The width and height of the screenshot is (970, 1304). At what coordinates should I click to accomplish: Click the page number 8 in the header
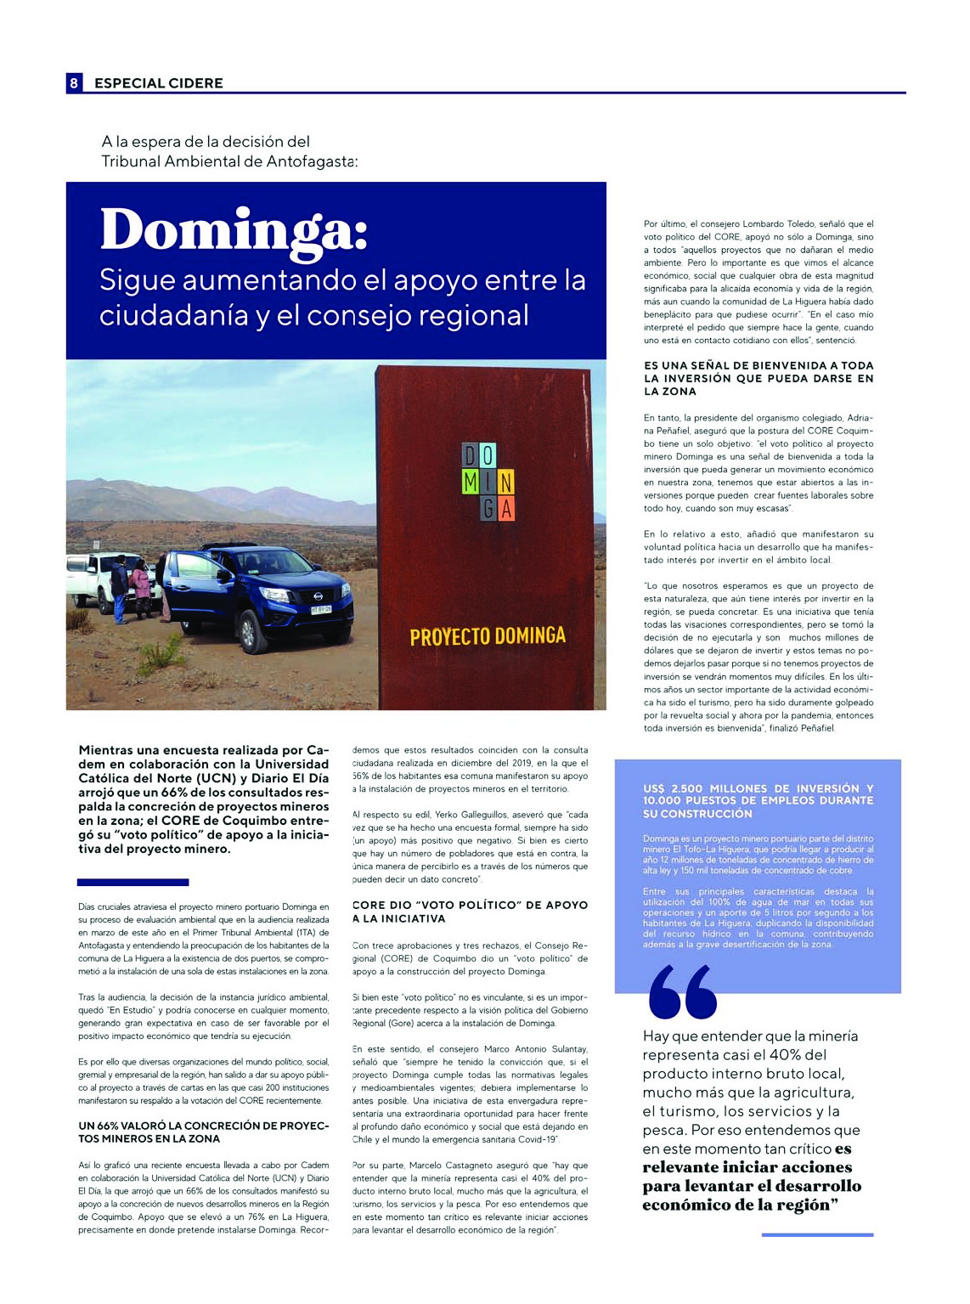click(75, 82)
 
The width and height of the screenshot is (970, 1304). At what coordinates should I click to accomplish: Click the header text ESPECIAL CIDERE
click(159, 83)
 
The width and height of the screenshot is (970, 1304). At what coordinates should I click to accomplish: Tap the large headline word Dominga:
click(234, 230)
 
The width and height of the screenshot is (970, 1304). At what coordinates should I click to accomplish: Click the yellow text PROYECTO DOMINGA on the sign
click(488, 636)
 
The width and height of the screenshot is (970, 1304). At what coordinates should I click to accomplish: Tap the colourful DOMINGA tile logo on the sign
click(488, 481)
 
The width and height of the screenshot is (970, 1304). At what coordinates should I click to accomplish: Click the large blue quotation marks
click(682, 992)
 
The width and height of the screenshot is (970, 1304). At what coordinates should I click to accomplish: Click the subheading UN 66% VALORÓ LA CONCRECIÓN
click(203, 1132)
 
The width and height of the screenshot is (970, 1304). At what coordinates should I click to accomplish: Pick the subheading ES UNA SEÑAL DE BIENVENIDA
click(759, 378)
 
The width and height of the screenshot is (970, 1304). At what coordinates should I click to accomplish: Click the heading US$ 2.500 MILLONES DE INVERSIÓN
click(758, 800)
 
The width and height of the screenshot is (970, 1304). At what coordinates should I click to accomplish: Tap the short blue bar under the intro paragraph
click(133, 883)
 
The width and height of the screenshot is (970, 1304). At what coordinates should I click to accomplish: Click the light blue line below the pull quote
click(817, 1234)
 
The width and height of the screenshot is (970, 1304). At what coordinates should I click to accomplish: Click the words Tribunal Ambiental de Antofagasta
click(229, 161)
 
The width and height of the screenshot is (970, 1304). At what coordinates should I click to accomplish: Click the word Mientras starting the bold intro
click(110, 750)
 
